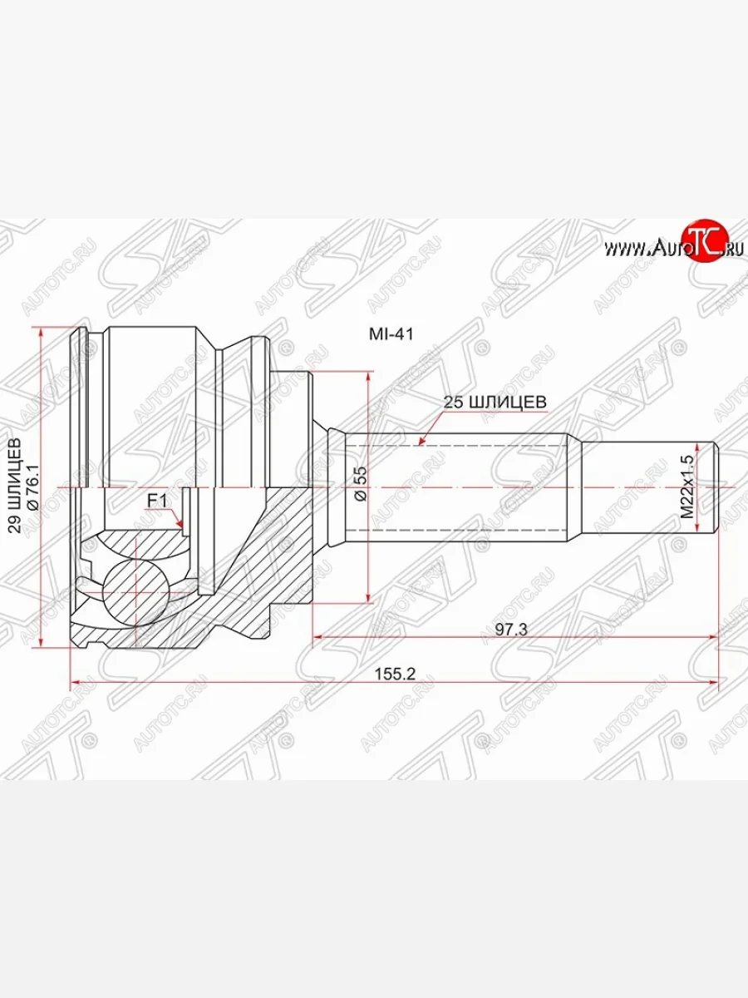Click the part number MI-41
coord(391,333)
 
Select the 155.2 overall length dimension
coord(395,674)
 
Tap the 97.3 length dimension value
coord(512,630)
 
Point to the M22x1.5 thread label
coord(687,487)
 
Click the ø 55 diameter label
coord(360,482)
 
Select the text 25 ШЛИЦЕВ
coord(495,401)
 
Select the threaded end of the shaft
coord(648,487)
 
